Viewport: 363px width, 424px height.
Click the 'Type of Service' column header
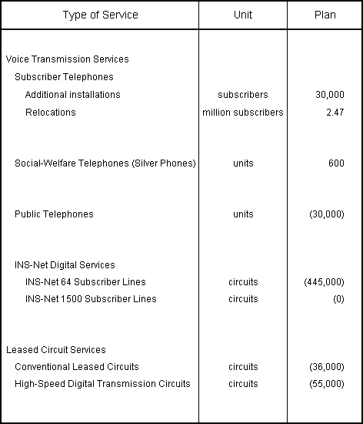100,15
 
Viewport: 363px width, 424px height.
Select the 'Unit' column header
242,15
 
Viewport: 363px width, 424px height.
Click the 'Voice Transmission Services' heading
68,59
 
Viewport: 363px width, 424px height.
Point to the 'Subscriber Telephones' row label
64,77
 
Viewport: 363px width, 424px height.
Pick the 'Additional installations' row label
72,95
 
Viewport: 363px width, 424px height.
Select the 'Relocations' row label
50,113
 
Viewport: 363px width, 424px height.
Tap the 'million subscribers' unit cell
242,113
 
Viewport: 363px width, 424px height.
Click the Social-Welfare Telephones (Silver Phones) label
105,163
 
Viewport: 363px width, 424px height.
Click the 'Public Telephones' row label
54,214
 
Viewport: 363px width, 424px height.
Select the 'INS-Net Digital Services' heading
65,265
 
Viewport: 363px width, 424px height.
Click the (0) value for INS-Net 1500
338,299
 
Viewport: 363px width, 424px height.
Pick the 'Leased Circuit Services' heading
56,350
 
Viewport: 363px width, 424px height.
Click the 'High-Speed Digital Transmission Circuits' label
102,384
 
